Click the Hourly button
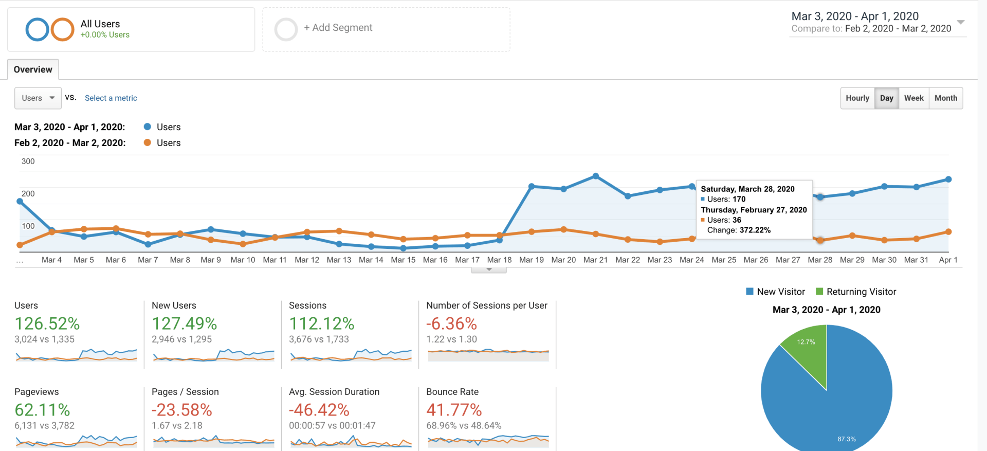[857, 98]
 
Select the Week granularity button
[913, 98]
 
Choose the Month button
[945, 98]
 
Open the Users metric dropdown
[38, 98]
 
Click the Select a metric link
[111, 98]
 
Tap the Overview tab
[33, 69]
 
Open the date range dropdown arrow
[960, 22]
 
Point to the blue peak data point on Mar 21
[596, 176]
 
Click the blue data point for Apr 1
[948, 179]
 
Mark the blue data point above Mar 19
[532, 186]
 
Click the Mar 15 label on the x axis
[403, 260]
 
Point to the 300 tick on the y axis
[28, 161]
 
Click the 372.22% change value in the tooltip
[755, 230]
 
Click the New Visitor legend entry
[776, 292]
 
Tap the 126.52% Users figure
[47, 323]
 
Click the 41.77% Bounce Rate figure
[454, 410]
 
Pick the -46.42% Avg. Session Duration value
[319, 410]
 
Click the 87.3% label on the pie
[846, 439]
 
